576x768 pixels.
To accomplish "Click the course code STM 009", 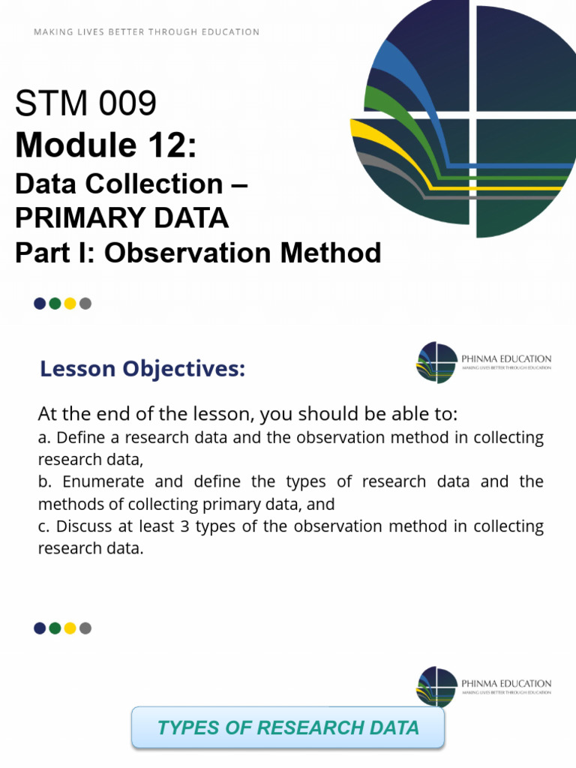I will pos(85,103).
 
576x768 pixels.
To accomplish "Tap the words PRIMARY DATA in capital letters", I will pos(121,217).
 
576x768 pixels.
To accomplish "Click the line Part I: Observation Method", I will pos(198,253).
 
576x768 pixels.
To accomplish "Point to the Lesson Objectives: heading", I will pos(142,369).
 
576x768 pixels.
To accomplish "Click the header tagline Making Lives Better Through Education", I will pos(147,32).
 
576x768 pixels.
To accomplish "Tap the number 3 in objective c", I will pos(184,526).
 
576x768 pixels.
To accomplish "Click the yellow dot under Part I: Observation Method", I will pos(70,304).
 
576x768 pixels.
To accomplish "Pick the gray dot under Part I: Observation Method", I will pos(85,304).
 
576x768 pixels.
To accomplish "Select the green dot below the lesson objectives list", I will pos(55,628).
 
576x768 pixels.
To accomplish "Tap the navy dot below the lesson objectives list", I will pos(40,628).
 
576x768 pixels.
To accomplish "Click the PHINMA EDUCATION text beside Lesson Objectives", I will pos(506,358).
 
